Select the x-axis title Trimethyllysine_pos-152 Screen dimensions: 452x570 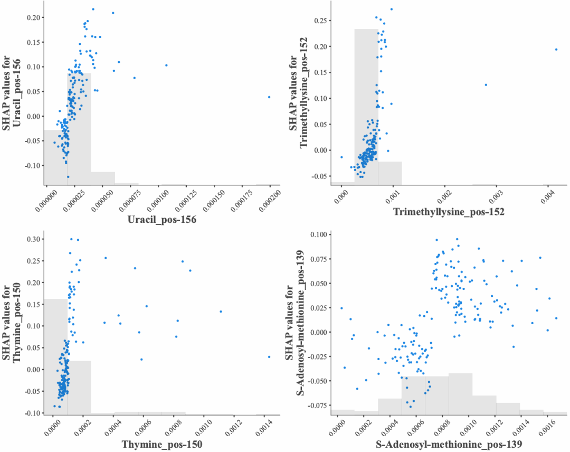click(449, 212)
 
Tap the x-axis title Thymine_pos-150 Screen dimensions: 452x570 click(162, 445)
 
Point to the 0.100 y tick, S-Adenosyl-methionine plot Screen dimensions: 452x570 click(319, 234)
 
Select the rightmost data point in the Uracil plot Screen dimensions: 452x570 click(269, 97)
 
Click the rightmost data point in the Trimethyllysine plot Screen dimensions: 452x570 click(556, 50)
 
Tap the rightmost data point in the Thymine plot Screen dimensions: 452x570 click(269, 357)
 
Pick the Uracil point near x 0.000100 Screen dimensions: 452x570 click(166, 65)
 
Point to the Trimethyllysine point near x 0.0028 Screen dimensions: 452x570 click(486, 84)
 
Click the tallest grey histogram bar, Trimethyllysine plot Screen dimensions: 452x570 click(366, 106)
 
